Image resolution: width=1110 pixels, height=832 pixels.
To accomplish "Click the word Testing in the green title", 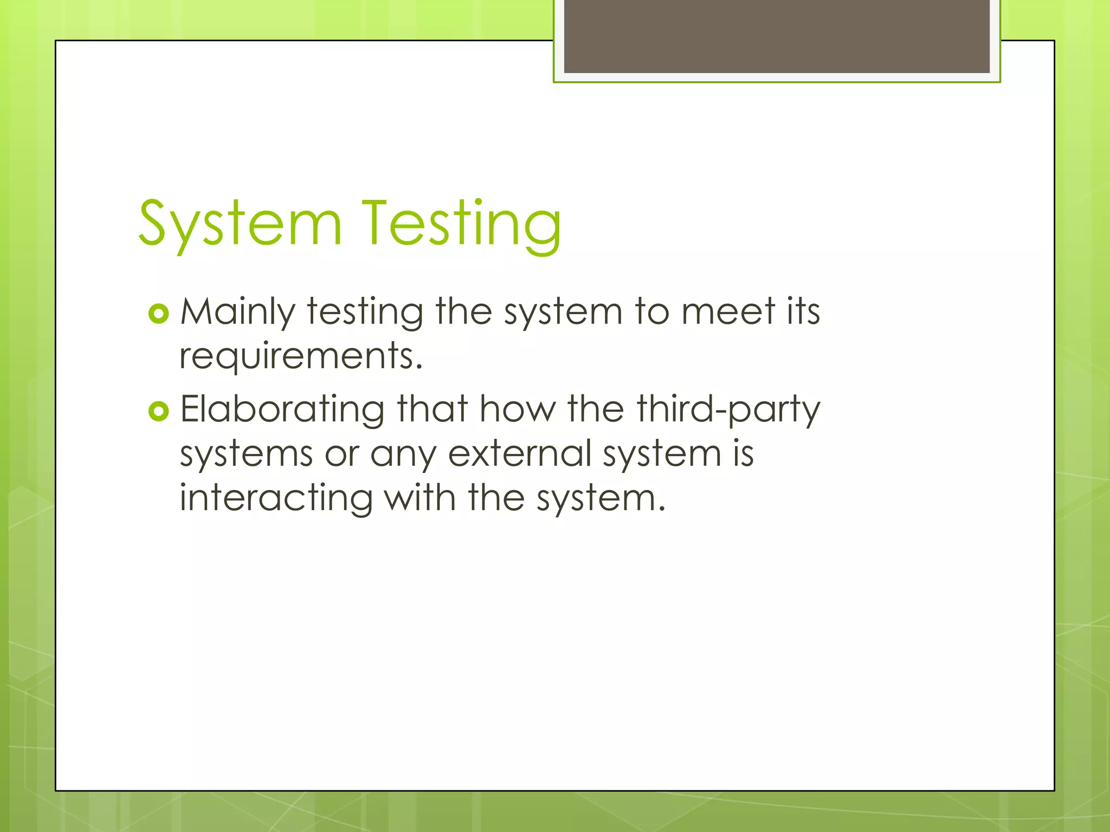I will pyautogui.click(x=461, y=224).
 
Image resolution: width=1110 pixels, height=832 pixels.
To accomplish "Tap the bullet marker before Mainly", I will pyautogui.click(x=158, y=314).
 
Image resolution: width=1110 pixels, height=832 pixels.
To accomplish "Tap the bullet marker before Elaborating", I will pyautogui.click(x=158, y=411).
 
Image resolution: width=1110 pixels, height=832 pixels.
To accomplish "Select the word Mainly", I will pyautogui.click(x=237, y=313).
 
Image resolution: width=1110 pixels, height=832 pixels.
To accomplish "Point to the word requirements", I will pyautogui.click(x=301, y=356).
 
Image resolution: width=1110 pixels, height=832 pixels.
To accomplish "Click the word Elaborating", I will pyautogui.click(x=282, y=409).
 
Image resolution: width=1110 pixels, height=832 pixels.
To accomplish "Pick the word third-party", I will pyautogui.click(x=729, y=409).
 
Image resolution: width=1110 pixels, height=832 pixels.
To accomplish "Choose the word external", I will pyautogui.click(x=519, y=453).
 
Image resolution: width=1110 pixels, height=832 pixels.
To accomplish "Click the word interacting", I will pyautogui.click(x=276, y=498).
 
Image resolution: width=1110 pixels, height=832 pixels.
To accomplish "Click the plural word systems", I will pyautogui.click(x=246, y=454).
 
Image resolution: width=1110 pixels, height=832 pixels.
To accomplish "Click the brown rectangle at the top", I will pyautogui.click(x=777, y=36).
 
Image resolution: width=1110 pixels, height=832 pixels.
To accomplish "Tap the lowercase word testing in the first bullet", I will pyautogui.click(x=365, y=313).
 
